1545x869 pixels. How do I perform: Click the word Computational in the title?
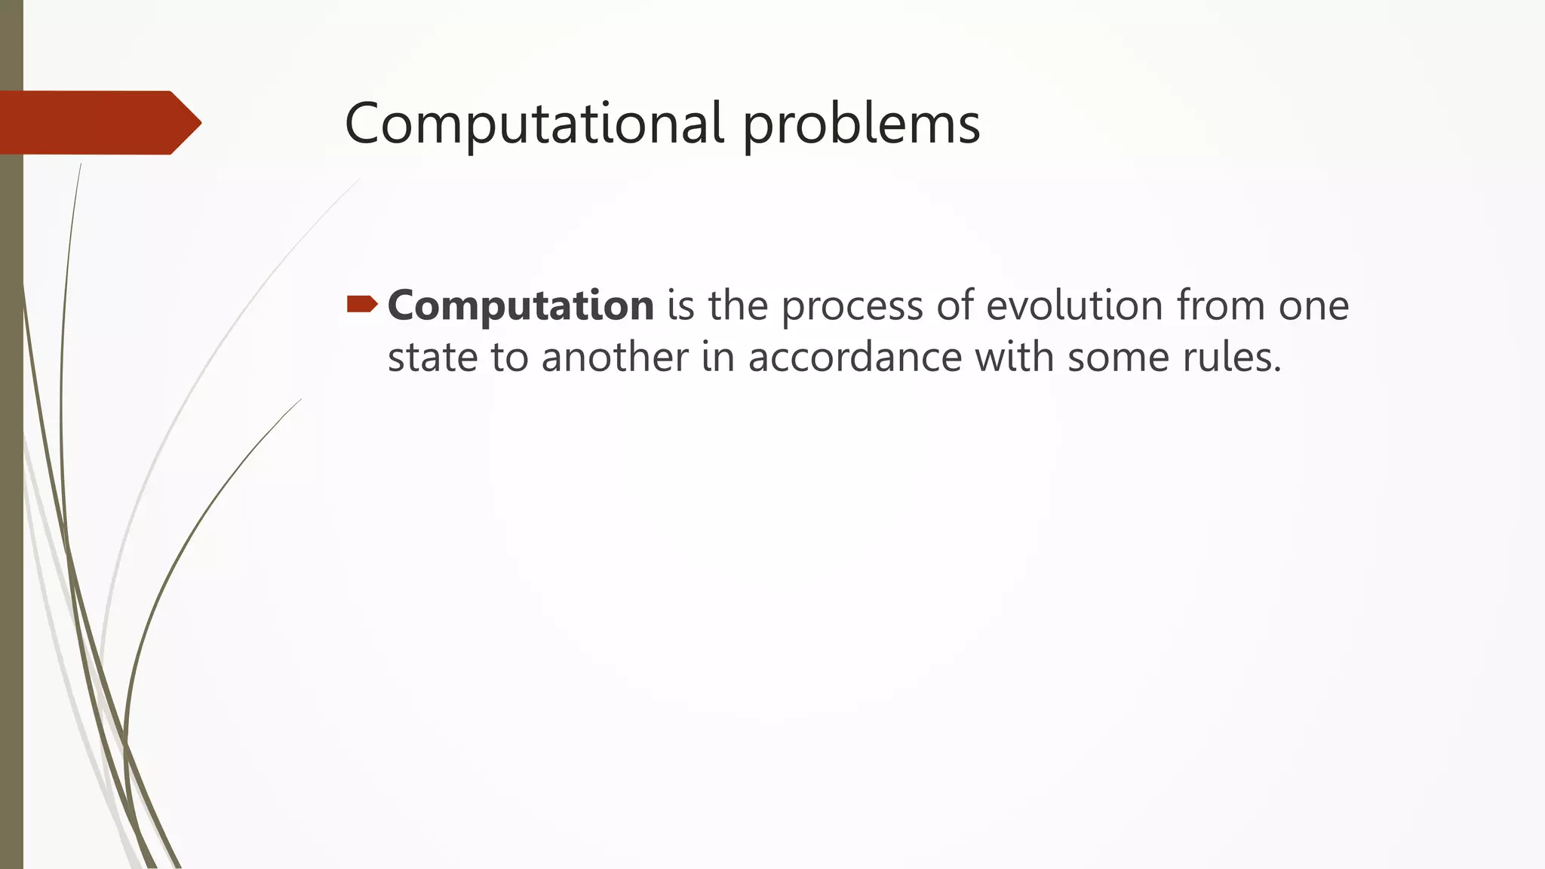pos(534,124)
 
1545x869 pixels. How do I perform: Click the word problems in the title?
pos(861,124)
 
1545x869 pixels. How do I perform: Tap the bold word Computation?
pos(521,306)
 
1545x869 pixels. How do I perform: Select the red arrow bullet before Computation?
pos(362,304)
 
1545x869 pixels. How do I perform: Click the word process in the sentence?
pos(852,307)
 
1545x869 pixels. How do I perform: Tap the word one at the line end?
pos(1313,307)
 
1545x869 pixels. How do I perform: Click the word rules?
pos(1231,357)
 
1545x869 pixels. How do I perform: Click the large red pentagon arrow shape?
pos(98,123)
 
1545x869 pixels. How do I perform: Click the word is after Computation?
pos(680,306)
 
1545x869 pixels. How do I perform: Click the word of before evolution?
pos(954,306)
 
